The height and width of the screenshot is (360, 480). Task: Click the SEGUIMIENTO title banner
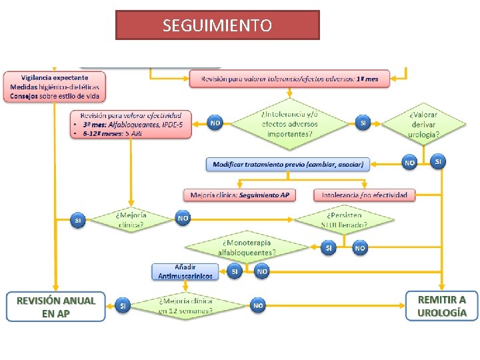pos(217,25)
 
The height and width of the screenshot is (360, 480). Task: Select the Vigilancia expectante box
pos(55,87)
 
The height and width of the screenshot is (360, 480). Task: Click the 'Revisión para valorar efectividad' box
pos(130,124)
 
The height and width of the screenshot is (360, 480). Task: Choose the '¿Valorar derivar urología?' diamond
pos(424,124)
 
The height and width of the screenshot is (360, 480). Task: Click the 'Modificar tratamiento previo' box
pos(288,164)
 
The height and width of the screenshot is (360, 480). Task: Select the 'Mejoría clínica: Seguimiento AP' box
pos(239,195)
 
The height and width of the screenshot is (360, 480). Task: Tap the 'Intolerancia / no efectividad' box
pos(364,195)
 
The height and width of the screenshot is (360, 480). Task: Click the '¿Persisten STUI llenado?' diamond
pos(344,219)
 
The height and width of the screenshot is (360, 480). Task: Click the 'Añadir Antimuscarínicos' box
pos(185,271)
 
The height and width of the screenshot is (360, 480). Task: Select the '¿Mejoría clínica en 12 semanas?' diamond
pos(186,305)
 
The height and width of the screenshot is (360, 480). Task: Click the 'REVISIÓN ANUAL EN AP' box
pos(56,306)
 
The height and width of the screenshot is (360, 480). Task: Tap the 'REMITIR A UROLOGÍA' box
pos(441,306)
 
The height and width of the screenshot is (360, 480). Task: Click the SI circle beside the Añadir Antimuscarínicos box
pos(234,271)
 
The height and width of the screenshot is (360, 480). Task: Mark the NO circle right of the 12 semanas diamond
pos(258,305)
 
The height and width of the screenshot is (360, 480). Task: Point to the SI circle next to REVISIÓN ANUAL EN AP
pos(122,305)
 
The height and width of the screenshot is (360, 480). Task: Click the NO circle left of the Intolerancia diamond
pos(215,123)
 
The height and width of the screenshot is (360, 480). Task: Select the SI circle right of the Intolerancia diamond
pos(363,123)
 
